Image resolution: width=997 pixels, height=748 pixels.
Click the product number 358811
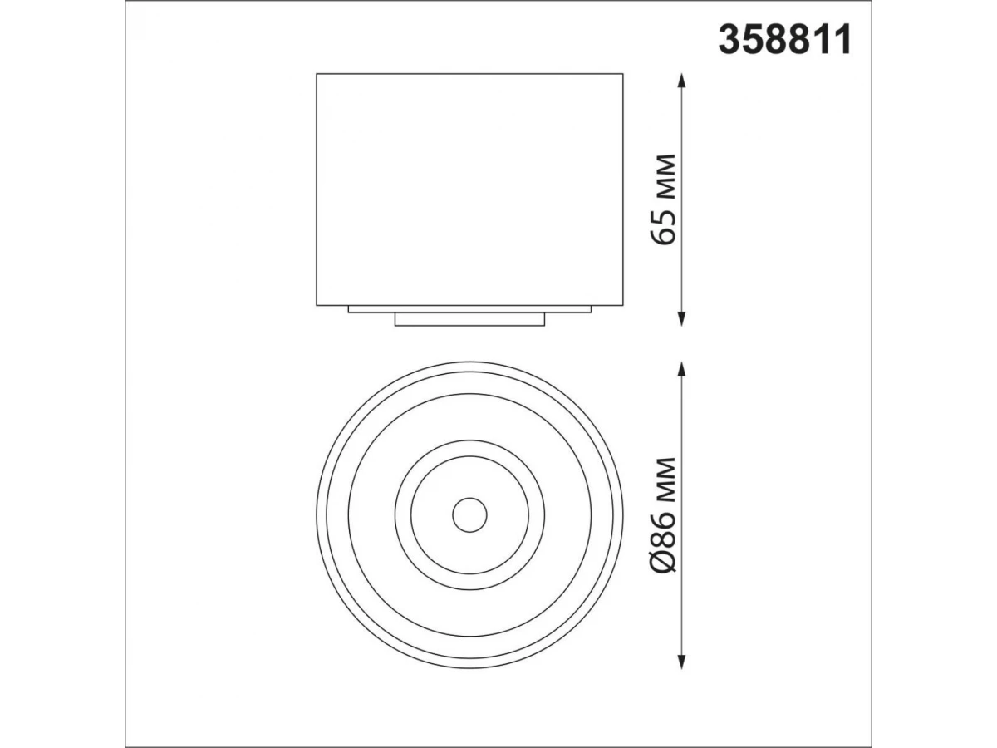784,41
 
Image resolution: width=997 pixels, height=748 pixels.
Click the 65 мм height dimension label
664,199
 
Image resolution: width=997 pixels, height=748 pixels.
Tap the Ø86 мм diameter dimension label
664,514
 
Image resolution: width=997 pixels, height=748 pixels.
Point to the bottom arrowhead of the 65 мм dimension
680,319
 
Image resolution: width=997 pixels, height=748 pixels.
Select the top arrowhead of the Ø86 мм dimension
680,369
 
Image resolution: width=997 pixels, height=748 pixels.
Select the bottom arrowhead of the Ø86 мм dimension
680,661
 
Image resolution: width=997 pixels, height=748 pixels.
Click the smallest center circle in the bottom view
469,498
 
